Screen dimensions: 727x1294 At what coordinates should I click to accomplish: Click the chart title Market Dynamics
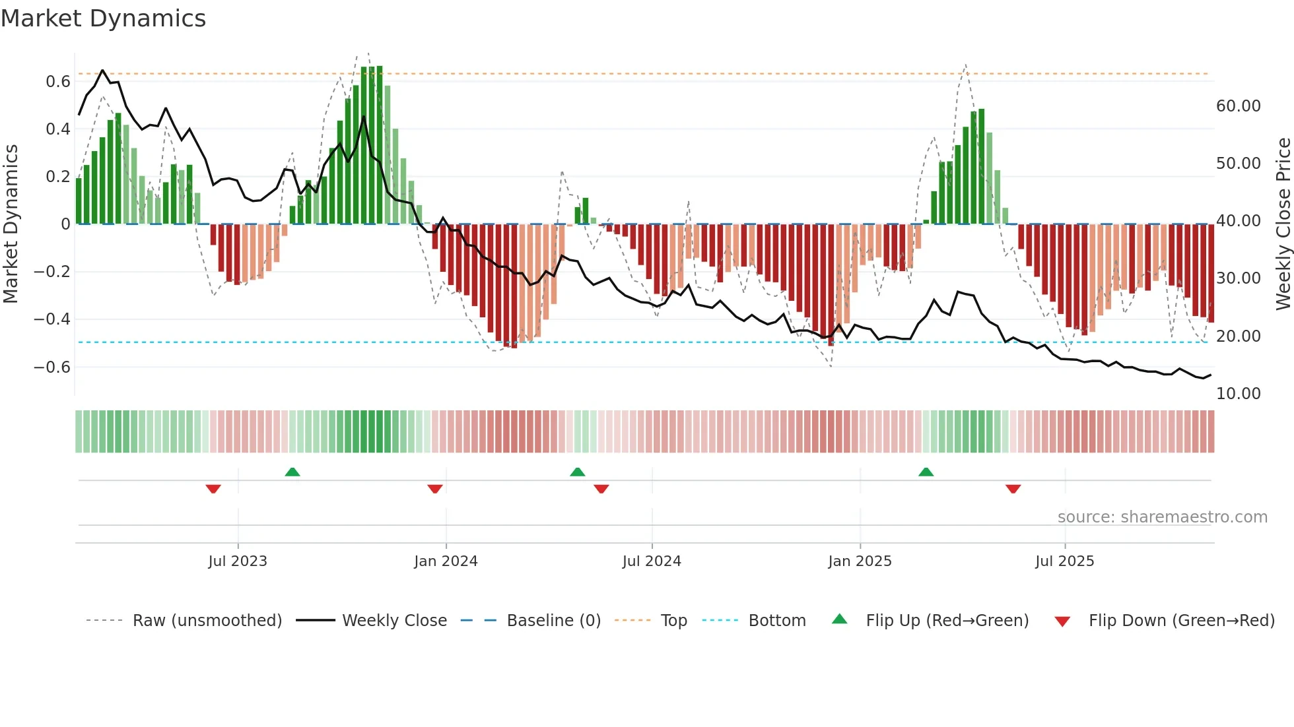(103, 18)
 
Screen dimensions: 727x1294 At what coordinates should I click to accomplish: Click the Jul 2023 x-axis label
(238, 561)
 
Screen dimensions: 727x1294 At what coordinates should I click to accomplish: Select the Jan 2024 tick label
(446, 561)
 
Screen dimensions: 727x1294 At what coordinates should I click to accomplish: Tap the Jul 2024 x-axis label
(652, 561)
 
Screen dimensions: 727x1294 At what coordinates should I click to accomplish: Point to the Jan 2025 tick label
(860, 561)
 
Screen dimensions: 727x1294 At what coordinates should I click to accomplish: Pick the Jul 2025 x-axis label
(1064, 561)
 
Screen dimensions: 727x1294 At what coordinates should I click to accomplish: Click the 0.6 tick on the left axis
(58, 82)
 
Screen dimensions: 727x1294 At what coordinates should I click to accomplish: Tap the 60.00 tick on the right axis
(1238, 106)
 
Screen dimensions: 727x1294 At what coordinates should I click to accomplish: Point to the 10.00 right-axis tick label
(1238, 394)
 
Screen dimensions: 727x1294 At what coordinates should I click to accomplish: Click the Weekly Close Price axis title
(1283, 224)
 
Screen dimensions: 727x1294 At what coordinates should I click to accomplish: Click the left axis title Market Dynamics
(11, 224)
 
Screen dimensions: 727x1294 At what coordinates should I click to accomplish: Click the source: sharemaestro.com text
(1162, 517)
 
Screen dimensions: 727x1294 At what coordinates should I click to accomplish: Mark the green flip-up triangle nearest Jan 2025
(926, 472)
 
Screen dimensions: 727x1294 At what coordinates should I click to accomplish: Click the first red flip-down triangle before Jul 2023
(213, 489)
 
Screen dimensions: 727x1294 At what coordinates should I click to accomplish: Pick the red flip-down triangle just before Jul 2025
(1013, 489)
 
